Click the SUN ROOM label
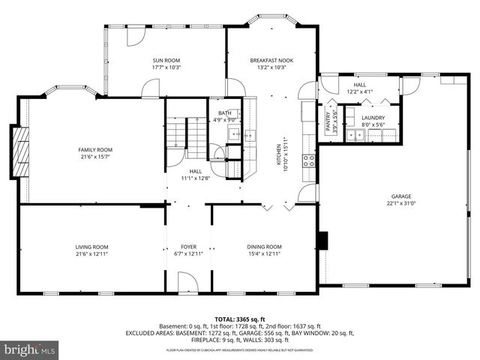(x=166, y=60)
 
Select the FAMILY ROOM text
(x=95, y=150)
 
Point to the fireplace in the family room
(x=22, y=152)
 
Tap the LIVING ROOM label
(x=91, y=247)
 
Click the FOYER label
(x=188, y=247)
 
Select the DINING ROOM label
(x=264, y=247)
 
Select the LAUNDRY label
(x=373, y=118)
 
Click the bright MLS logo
(x=30, y=349)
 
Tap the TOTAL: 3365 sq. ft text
(x=240, y=319)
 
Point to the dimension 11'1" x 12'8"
(x=196, y=178)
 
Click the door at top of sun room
(x=136, y=35)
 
